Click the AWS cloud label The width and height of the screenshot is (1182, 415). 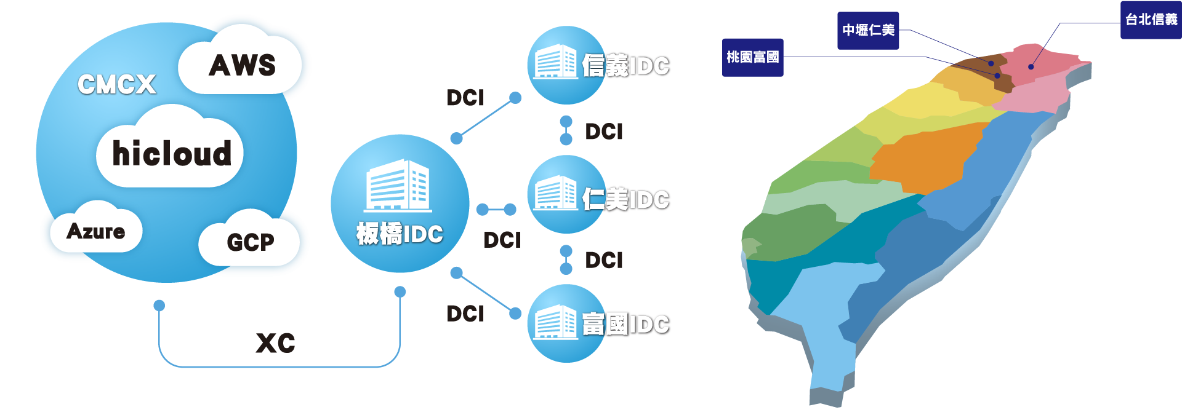pos(242,65)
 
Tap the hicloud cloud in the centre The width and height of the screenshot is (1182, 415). pos(171,153)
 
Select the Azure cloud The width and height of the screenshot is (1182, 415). pos(96,231)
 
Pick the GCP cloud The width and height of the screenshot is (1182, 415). pos(250,242)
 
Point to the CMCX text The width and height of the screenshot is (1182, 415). pos(117,85)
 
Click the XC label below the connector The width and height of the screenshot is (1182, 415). pos(275,343)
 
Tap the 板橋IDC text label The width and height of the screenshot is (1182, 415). pos(400,234)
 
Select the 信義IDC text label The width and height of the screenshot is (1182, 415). pos(626,66)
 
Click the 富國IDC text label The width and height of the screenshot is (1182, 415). pos(626,325)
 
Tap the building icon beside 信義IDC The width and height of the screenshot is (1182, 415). pos(555,61)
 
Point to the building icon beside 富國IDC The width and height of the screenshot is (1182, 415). pos(555,322)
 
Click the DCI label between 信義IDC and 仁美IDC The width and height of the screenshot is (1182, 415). pos(604,132)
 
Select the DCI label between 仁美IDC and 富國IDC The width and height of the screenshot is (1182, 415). pos(604,261)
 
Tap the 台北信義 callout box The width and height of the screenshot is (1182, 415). pos(1151,20)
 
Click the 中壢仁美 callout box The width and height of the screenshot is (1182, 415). pos(868,30)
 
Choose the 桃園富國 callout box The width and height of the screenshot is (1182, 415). pos(752,57)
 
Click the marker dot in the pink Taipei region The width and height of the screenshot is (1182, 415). pos(1031,66)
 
